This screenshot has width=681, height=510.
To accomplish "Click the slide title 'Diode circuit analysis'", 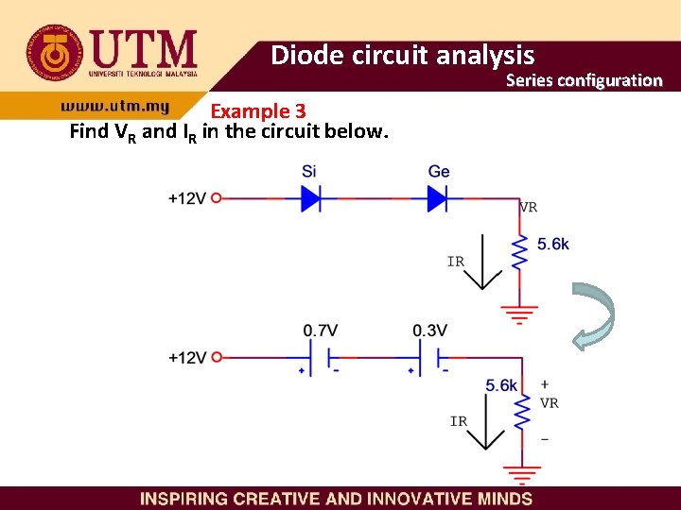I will (x=402, y=56).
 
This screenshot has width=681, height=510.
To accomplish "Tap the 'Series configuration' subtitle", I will (x=584, y=80).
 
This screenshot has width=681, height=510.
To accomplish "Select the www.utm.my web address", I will (x=114, y=108).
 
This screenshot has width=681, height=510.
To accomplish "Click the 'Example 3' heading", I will (x=257, y=111).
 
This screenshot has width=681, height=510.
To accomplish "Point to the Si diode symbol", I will (x=311, y=198).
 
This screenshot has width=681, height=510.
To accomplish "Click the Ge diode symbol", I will (x=437, y=198).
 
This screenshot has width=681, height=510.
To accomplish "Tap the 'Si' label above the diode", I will (x=309, y=172).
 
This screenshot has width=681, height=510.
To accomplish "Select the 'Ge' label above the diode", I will (x=439, y=172).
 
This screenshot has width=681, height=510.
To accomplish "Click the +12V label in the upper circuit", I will (x=186, y=198).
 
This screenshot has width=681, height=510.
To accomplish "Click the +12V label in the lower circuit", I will (x=186, y=358).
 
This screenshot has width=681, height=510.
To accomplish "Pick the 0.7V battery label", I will (x=321, y=331).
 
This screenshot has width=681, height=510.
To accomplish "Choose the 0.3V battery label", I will (x=429, y=331).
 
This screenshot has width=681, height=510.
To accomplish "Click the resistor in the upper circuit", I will (x=519, y=252).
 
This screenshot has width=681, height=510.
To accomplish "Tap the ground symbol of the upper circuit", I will (x=520, y=313).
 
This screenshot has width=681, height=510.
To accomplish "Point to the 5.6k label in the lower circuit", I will (x=501, y=385).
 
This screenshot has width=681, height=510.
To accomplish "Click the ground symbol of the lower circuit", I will (x=520, y=473).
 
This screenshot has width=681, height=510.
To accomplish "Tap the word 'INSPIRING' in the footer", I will (x=183, y=499).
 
